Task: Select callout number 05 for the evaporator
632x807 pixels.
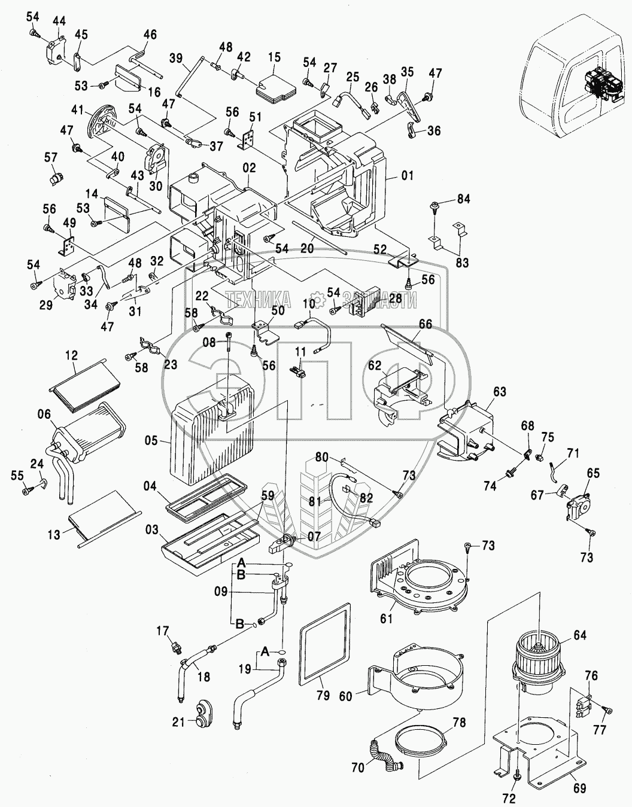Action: tap(151, 441)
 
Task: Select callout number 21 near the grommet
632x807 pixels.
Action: tap(178, 722)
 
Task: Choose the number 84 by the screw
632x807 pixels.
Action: tap(464, 199)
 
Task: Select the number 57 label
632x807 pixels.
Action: tap(50, 157)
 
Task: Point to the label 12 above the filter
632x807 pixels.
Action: tap(71, 355)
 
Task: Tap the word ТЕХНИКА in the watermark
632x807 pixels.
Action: tap(258, 299)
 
